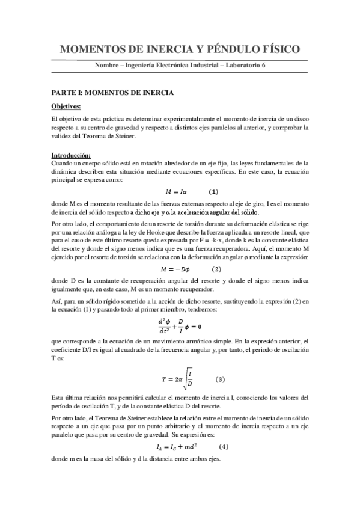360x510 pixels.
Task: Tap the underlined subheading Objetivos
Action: [68, 105]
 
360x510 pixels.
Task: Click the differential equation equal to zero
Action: [179, 327]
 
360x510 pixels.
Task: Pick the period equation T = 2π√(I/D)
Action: [178, 379]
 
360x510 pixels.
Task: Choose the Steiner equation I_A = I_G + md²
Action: [177, 447]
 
